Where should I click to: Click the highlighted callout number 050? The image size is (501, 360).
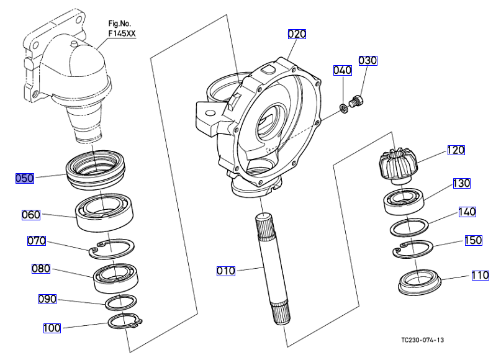pyautogui.click(x=25, y=178)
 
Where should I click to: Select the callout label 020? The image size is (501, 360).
pyautogui.click(x=297, y=34)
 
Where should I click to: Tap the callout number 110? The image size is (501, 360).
pyautogui.click(x=481, y=275)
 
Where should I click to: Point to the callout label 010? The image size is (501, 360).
pyautogui.click(x=226, y=271)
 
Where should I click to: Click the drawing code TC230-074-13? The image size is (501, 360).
pyautogui.click(x=422, y=340)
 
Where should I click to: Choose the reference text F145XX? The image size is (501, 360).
pyautogui.click(x=122, y=34)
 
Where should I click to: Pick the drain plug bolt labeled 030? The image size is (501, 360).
pyautogui.click(x=356, y=101)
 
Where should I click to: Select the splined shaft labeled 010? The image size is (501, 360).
pyautogui.click(x=273, y=269)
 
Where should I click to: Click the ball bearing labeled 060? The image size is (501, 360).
pyautogui.click(x=105, y=212)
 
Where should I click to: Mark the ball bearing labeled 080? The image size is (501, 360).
pyautogui.click(x=115, y=278)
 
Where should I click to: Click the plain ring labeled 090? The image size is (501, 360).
pyautogui.click(x=121, y=302)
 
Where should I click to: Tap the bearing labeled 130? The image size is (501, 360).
pyautogui.click(x=404, y=202)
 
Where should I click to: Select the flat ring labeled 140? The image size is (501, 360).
pyautogui.click(x=409, y=228)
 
